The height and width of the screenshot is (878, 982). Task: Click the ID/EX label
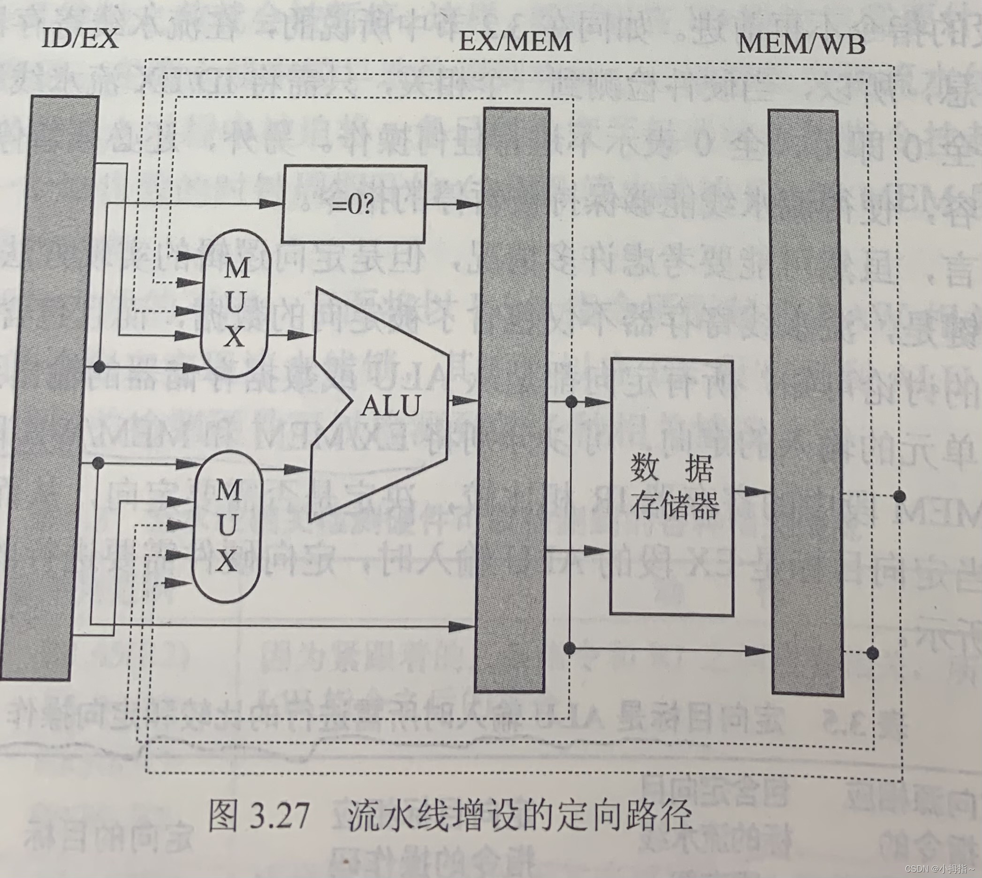click(80, 38)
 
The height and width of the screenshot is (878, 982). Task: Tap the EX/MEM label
click(515, 40)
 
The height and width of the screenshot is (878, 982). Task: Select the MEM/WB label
click(800, 45)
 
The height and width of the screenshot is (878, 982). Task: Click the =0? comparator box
click(354, 204)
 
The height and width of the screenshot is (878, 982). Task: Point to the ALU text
click(391, 405)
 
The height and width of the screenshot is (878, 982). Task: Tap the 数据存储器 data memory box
click(672, 487)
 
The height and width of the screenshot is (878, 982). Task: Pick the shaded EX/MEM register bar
click(513, 400)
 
